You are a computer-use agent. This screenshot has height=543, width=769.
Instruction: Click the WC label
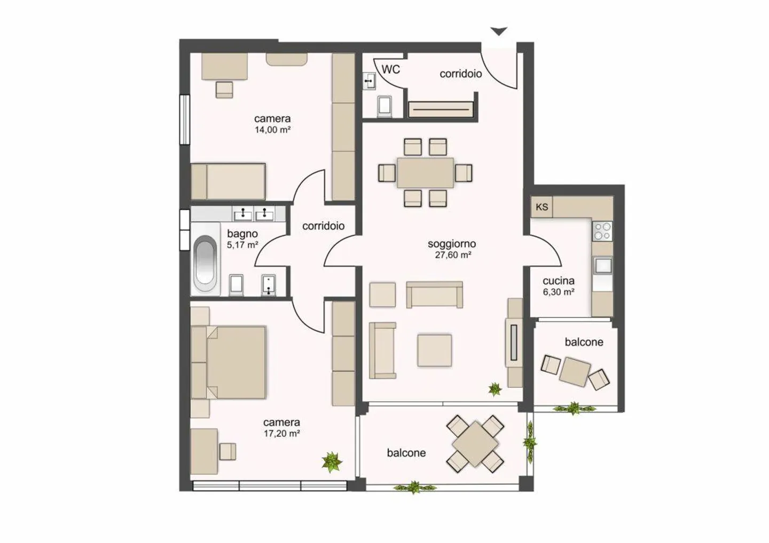390,69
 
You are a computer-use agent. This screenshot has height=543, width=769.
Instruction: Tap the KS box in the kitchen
542,207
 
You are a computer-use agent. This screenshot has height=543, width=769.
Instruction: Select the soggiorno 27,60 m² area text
452,249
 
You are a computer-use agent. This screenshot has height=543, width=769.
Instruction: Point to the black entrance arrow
499,32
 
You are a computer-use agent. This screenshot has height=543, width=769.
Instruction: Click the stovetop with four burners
602,231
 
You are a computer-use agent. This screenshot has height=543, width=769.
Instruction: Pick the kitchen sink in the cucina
602,265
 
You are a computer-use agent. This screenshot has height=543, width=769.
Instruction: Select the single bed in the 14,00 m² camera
229,181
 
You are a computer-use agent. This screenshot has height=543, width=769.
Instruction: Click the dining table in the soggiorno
425,173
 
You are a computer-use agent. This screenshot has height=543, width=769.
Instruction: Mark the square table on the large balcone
475,444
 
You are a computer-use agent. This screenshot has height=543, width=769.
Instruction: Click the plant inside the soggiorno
495,389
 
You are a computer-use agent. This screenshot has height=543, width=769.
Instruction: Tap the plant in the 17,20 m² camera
332,461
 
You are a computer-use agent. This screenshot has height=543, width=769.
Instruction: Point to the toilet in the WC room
384,106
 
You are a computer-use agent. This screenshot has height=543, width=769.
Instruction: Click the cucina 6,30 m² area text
559,286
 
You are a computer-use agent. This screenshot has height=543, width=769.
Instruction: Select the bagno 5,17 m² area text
242,239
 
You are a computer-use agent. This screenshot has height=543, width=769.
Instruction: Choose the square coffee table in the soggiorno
435,350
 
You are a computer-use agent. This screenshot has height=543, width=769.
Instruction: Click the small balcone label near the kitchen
584,342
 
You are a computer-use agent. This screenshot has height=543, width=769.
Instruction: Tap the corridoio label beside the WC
460,74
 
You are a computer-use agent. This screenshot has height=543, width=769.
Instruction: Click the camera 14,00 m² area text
272,124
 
